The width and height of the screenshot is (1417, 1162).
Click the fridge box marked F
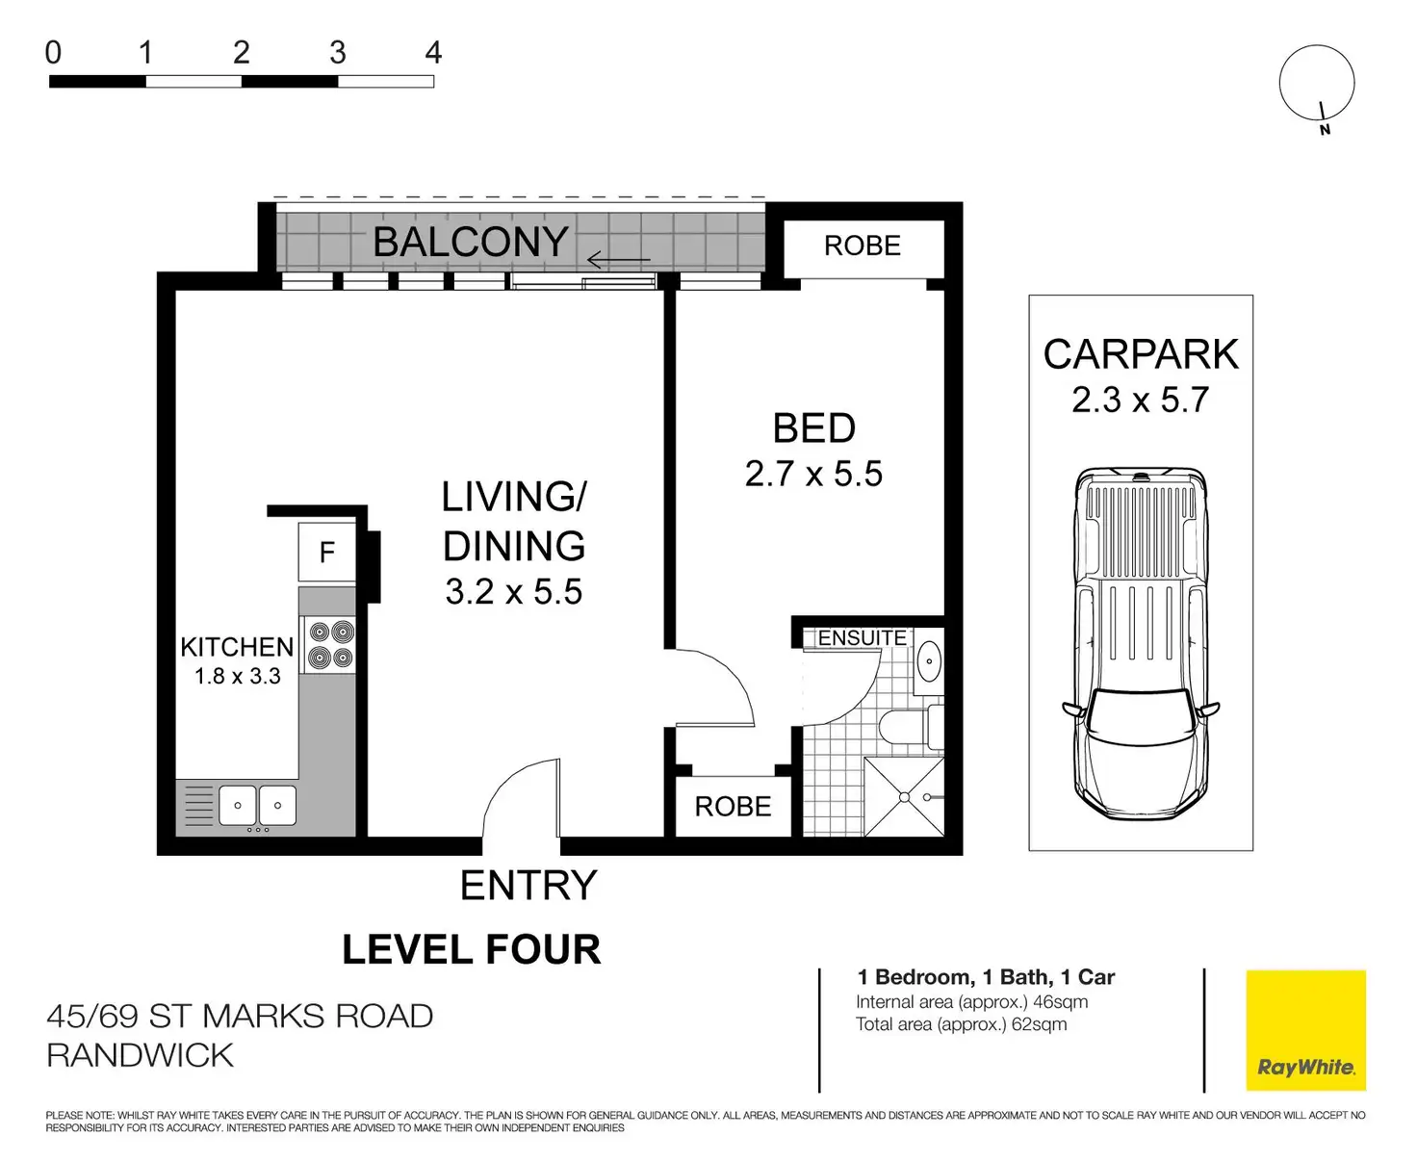click(x=327, y=552)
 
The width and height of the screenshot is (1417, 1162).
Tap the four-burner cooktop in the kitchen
click(x=331, y=644)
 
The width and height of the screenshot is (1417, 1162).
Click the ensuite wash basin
click(x=929, y=661)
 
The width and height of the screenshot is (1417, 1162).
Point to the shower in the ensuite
click(x=904, y=796)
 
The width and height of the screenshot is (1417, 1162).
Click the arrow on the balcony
click(x=618, y=259)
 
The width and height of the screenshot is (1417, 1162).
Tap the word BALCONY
click(x=471, y=242)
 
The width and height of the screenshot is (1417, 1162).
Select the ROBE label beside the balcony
click(x=862, y=246)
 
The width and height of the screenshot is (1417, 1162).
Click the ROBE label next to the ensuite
click(x=733, y=807)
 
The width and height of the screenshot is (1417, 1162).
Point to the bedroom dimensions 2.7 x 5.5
click(x=813, y=474)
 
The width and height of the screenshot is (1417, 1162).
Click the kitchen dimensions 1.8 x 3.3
click(x=237, y=676)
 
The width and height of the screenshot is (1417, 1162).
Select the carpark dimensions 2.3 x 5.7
click(x=1140, y=400)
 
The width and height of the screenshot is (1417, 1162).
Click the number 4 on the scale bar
click(x=433, y=52)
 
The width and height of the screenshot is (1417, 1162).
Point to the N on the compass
click(x=1325, y=130)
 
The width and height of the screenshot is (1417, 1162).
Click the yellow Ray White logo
click(x=1305, y=1030)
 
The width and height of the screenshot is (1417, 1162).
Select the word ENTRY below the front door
click(x=528, y=885)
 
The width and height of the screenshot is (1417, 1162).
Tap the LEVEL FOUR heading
click(x=472, y=949)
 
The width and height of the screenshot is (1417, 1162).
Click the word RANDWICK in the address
click(x=140, y=1056)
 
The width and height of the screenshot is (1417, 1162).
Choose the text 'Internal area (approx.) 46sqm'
click(x=971, y=1002)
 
